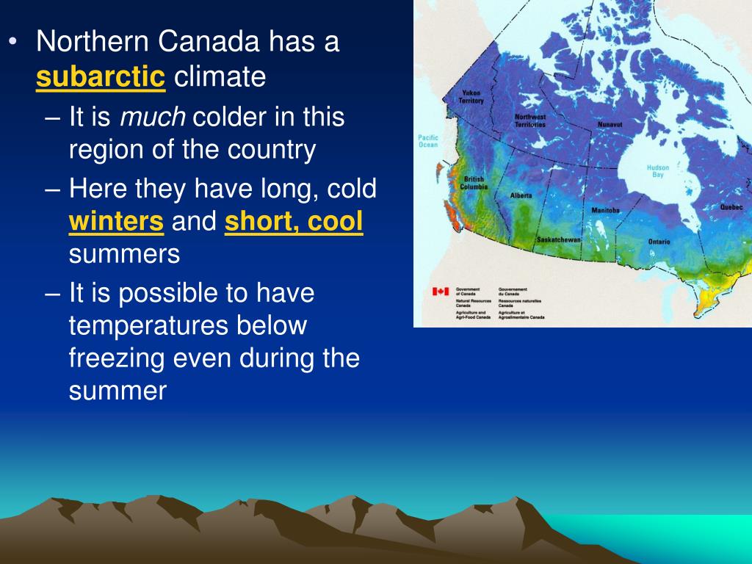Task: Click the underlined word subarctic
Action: coord(101,76)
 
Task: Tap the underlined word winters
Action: coord(116,222)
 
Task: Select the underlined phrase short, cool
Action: coord(294,222)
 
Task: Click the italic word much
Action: coord(153,117)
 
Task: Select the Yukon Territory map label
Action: coord(471,96)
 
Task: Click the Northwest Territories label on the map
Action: coord(529,120)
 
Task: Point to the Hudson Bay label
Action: coord(658,171)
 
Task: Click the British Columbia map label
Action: coord(474,183)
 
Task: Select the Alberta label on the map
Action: coord(521,196)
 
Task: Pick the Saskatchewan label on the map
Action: coord(558,240)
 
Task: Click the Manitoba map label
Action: coord(605,211)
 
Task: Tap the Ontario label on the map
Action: coord(659,242)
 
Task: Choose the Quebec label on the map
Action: coord(731,208)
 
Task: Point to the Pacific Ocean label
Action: coord(428,141)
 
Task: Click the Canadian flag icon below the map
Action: coord(440,292)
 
